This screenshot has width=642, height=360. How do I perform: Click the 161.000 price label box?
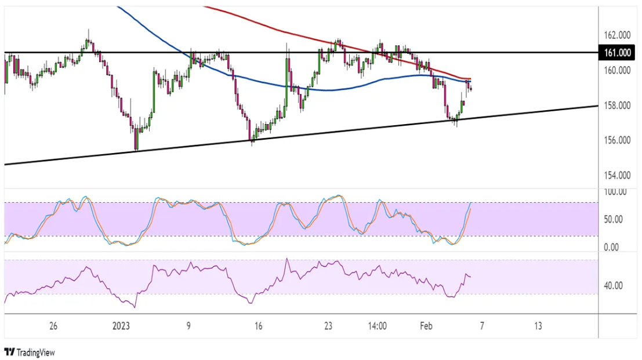click(617, 53)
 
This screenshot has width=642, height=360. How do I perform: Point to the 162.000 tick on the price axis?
click(617, 35)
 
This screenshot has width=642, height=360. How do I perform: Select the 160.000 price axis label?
click(617, 71)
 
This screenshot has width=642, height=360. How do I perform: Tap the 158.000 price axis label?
click(617, 106)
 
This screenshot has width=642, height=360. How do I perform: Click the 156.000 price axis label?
click(617, 140)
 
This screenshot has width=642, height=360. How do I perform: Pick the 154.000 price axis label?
click(617, 175)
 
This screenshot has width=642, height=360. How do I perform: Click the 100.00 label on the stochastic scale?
click(615, 192)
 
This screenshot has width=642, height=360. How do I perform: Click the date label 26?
click(53, 326)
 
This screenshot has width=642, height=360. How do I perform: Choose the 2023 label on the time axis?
click(121, 326)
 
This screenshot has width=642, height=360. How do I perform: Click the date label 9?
click(188, 326)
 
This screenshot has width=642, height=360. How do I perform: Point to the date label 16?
click(259, 326)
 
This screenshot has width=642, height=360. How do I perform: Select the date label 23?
click(328, 326)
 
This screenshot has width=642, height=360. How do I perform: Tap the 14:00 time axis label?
click(377, 326)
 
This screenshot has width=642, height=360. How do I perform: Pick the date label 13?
click(538, 326)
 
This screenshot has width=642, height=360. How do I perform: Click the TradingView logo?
click(30, 352)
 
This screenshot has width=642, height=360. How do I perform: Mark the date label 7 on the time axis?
click(481, 326)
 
